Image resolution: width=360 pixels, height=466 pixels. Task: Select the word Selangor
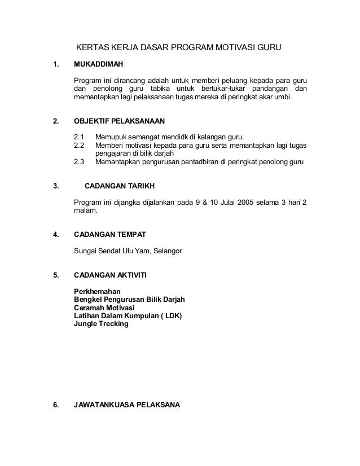164,250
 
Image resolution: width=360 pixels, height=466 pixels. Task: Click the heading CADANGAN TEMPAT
112,233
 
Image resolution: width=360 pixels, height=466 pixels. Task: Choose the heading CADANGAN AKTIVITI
110,275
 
